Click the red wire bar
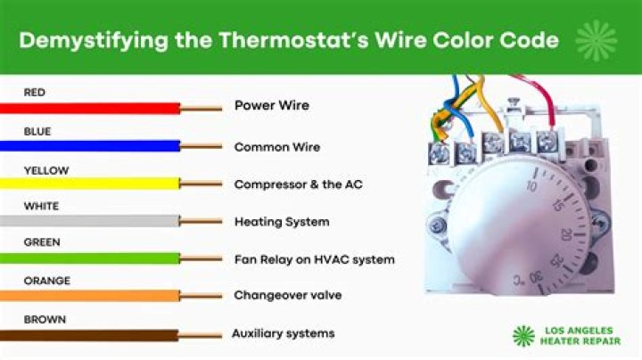89,107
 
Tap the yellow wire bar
89,184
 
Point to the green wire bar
89,258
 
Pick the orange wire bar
89,296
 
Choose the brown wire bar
89,335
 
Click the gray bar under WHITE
89,221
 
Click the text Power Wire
271,105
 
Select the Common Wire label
276,146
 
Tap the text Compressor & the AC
298,184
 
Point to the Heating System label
281,221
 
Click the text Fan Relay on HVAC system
314,259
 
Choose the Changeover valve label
287,295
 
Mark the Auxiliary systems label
283,333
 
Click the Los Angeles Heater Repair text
578,336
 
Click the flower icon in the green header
596,39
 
